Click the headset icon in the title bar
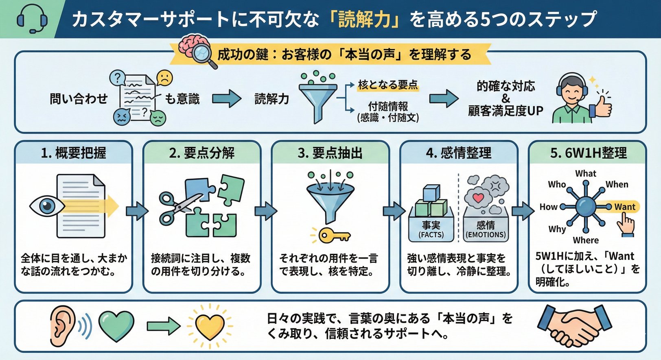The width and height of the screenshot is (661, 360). (x=32, y=19)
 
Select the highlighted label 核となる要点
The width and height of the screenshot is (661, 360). (x=387, y=85)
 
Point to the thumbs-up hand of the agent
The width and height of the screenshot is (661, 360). (x=602, y=106)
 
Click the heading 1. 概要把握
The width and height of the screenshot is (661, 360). (x=74, y=153)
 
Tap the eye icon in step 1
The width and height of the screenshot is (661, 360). (x=47, y=206)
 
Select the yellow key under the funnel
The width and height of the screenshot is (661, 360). (x=334, y=235)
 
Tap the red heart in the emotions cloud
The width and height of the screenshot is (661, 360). (x=478, y=199)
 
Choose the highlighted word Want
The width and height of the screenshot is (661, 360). (x=624, y=207)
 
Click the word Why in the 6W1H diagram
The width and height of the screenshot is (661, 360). (x=557, y=229)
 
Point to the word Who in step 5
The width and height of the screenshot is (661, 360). (x=556, y=184)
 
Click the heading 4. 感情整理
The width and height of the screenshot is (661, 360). (x=459, y=153)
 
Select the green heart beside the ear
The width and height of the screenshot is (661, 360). (x=116, y=325)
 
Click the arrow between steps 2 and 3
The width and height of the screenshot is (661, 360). (x=265, y=211)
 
